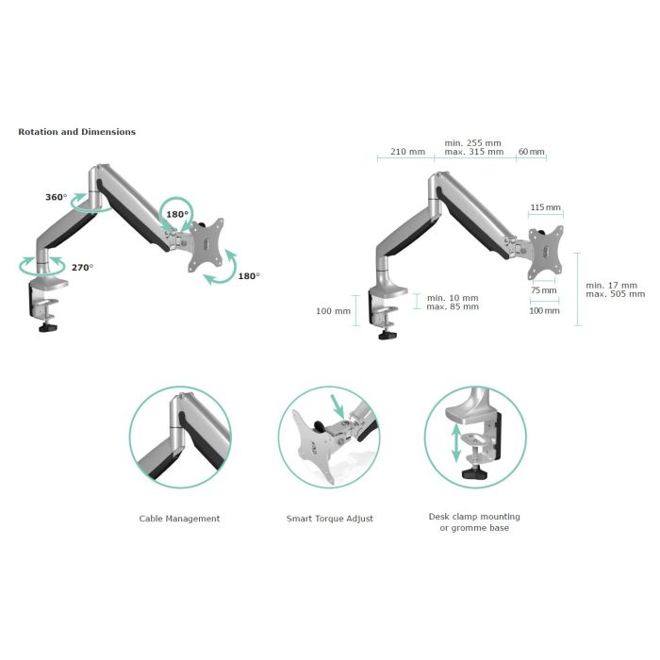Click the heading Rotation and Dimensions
coord(77,132)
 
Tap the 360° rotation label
coord(57,197)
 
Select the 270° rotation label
coord(83,267)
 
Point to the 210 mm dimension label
coord(407,152)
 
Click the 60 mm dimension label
coord(531,152)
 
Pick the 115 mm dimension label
coord(546,207)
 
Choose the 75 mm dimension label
coord(543,290)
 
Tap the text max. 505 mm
coord(616,294)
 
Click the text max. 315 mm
coord(474,152)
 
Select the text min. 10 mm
coord(453,298)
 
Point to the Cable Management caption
coord(179,519)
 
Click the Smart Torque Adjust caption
coord(330,519)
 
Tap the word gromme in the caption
coord(469,528)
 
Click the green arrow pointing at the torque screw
coord(338,405)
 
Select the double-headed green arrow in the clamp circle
coord(455,443)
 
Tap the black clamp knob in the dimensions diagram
coord(388,335)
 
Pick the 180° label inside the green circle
coord(177,214)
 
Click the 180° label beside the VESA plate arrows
coord(249,276)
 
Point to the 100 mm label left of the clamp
coord(333,311)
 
